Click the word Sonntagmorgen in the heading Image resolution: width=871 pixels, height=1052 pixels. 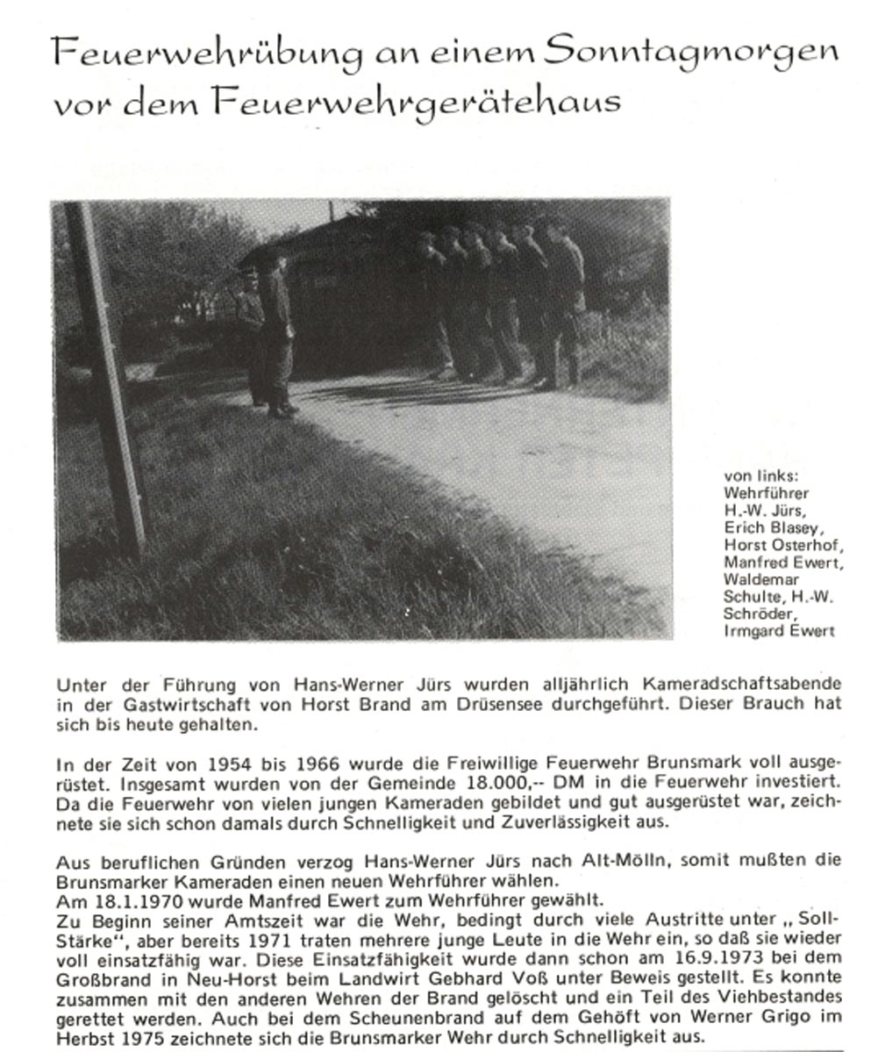coord(690,54)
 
